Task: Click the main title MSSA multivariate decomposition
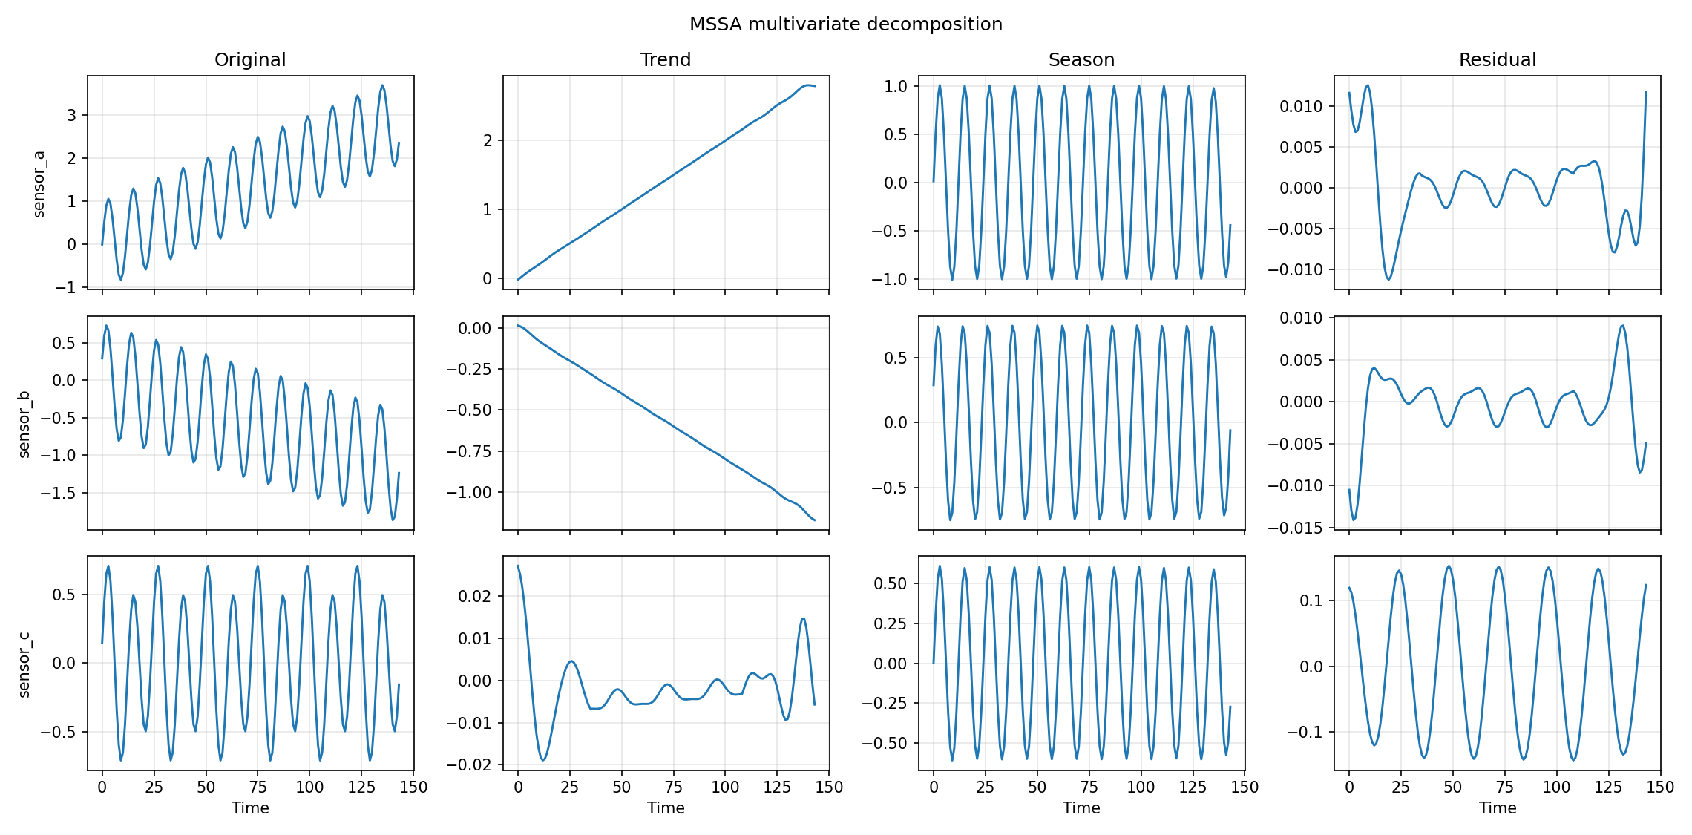coord(845,24)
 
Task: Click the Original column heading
coord(250,60)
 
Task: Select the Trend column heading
coord(666,60)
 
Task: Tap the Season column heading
coord(1081,60)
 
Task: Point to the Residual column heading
coord(1497,60)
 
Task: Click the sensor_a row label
coord(39,184)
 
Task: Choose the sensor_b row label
coord(24,424)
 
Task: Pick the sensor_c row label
coord(24,664)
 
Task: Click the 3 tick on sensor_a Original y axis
coord(71,115)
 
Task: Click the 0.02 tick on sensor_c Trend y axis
coord(473,596)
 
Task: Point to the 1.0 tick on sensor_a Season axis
coord(895,86)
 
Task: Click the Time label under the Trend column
coord(666,808)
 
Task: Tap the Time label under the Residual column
coord(1497,808)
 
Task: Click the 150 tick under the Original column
coord(413,787)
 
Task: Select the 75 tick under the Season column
coord(1089,787)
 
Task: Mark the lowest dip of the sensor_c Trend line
coord(543,760)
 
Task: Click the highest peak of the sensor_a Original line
coord(382,85)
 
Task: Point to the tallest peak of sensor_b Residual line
coord(1623,325)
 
